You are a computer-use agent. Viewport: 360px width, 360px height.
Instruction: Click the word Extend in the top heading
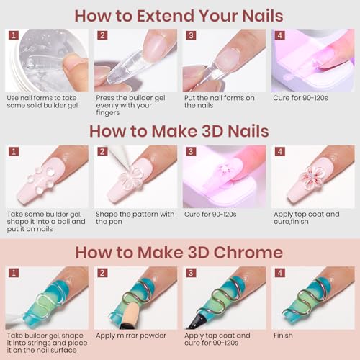coord(166,16)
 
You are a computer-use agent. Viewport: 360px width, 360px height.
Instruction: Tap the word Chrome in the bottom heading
coord(248,253)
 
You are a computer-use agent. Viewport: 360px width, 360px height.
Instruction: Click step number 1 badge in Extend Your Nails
coord(14,35)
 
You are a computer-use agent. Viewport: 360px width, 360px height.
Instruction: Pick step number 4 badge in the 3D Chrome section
coord(280,273)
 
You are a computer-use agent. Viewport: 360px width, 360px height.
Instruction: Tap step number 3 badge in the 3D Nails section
coord(191,152)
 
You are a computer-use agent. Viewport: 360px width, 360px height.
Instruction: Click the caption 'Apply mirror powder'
coord(131,336)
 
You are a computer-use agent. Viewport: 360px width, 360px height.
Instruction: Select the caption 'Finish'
coord(283,336)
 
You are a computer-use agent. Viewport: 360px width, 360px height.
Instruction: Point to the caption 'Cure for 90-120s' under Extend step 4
coord(300,98)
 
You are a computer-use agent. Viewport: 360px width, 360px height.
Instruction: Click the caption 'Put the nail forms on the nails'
coord(220,102)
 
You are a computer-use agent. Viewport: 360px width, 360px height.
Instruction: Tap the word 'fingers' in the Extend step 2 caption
coord(108,113)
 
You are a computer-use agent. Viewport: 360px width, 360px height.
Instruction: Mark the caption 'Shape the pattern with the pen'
coord(135,217)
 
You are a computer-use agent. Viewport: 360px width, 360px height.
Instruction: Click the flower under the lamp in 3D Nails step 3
coord(222,168)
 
